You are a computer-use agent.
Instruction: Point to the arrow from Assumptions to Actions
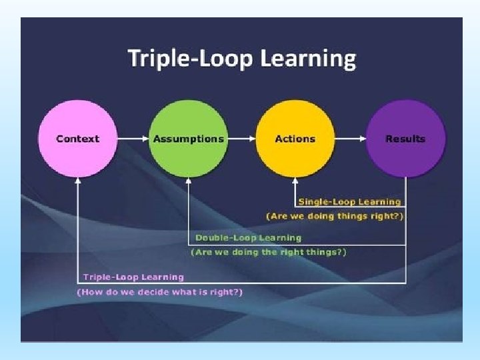coord(241,139)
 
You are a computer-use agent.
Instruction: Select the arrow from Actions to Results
coord(350,139)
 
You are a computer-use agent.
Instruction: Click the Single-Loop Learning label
coord(349,201)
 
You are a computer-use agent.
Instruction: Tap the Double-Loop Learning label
coord(248,237)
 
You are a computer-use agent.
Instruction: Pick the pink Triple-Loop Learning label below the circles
coord(133,277)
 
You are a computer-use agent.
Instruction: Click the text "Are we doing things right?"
coord(335,216)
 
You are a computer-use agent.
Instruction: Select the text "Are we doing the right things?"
coord(269,252)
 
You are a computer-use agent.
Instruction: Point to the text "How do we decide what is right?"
coord(160,292)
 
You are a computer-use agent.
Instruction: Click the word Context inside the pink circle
coord(77,139)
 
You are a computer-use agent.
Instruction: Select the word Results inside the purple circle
coord(405,139)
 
